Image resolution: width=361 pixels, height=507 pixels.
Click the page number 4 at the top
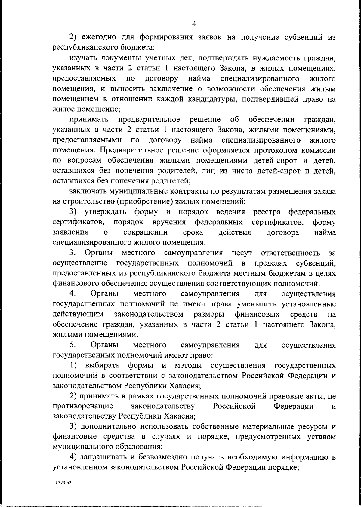click(194, 24)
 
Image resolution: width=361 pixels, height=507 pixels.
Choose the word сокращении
click(146, 232)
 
